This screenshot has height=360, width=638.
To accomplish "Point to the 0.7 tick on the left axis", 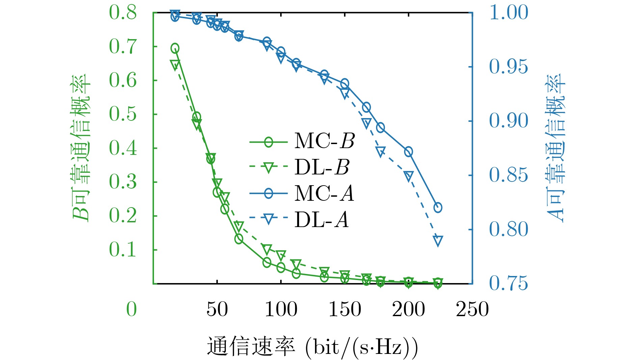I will click(123, 47).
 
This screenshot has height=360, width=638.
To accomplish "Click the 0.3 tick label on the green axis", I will click(123, 182).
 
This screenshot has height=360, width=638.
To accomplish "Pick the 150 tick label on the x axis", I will click(345, 309).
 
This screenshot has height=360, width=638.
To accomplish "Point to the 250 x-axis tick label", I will click(472, 309).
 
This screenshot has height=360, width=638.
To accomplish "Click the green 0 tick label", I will click(131, 309).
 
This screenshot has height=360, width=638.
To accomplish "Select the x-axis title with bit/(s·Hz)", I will click(312, 347).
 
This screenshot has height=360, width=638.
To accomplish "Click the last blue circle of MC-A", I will click(438, 207).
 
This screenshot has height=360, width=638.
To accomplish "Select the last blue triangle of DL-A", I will click(438, 241).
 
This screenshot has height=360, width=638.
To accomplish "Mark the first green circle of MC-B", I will click(175, 48).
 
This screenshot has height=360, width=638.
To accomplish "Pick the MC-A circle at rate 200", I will click(408, 152).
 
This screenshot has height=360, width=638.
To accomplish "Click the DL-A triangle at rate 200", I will click(408, 176).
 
